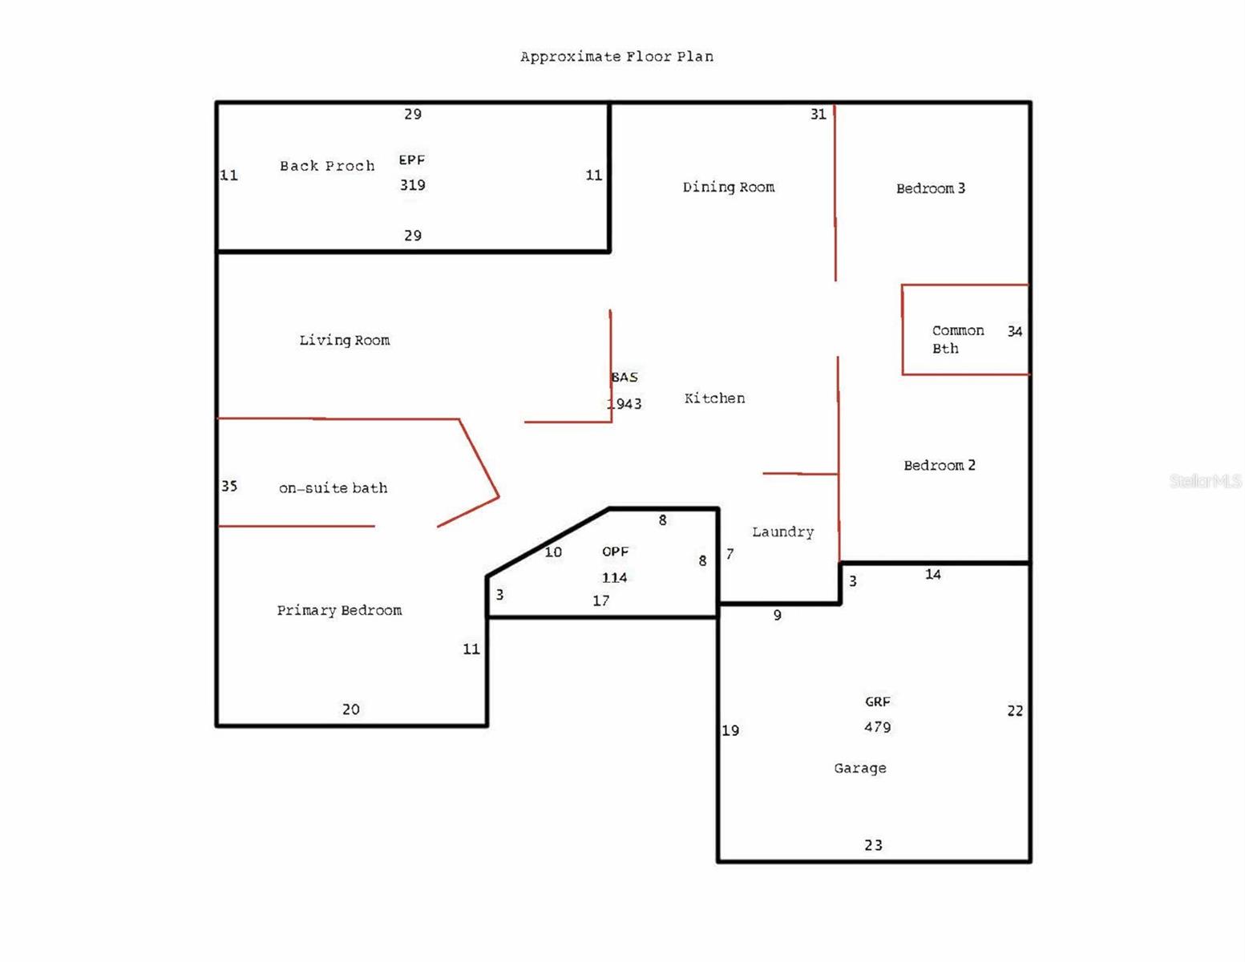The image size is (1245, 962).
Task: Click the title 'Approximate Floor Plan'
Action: pos(616,57)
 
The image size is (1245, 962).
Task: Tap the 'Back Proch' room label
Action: pos(327,166)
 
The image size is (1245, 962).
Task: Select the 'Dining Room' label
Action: pos(729,187)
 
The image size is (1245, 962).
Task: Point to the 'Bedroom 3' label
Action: pos(930,188)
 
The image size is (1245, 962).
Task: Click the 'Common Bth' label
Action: pos(957,339)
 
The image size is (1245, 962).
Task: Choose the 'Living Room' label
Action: pos(345,340)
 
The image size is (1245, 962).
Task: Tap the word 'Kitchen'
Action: pos(714,398)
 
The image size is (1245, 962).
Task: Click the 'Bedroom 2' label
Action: pos(940,465)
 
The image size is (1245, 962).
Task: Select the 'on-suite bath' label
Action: pos(333,487)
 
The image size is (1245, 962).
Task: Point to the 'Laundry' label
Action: pos(782,532)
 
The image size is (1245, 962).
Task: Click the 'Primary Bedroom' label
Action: pos(339,610)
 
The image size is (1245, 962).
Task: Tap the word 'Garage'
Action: pos(859,768)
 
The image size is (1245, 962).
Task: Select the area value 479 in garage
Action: pos(877,727)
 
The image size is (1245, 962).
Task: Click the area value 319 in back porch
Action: pos(412,184)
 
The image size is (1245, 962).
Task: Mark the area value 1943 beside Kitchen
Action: pos(624,403)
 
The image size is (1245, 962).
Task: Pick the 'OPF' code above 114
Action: pos(615,552)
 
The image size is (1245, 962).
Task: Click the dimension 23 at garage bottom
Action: pos(873,845)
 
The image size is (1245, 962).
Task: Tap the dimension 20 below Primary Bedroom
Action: pos(350,709)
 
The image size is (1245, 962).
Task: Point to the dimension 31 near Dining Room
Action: pos(818,114)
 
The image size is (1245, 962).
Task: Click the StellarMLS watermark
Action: pos(1205,481)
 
